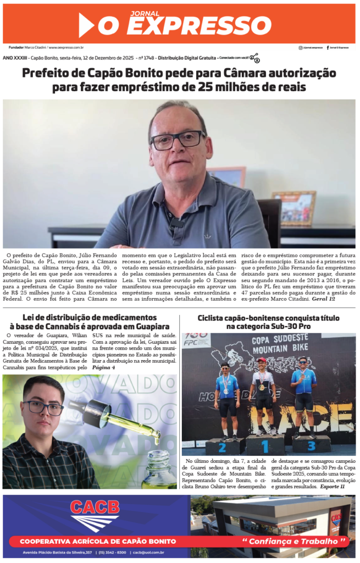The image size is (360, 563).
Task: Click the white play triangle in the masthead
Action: pos(86,25)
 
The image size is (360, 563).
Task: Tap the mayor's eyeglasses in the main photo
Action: pos(177,140)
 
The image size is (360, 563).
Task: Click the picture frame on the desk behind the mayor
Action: pos(293,208)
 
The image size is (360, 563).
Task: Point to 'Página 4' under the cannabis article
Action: pos(104,367)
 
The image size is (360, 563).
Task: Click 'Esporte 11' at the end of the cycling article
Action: pos(332,486)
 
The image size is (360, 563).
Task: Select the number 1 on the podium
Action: pos(264,446)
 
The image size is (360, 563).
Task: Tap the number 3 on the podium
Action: pos(311,445)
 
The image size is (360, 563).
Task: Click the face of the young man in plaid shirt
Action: pos(43,408)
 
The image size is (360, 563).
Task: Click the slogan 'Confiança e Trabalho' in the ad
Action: pos(296,542)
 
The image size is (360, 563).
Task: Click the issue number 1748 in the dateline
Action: pos(147,58)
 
